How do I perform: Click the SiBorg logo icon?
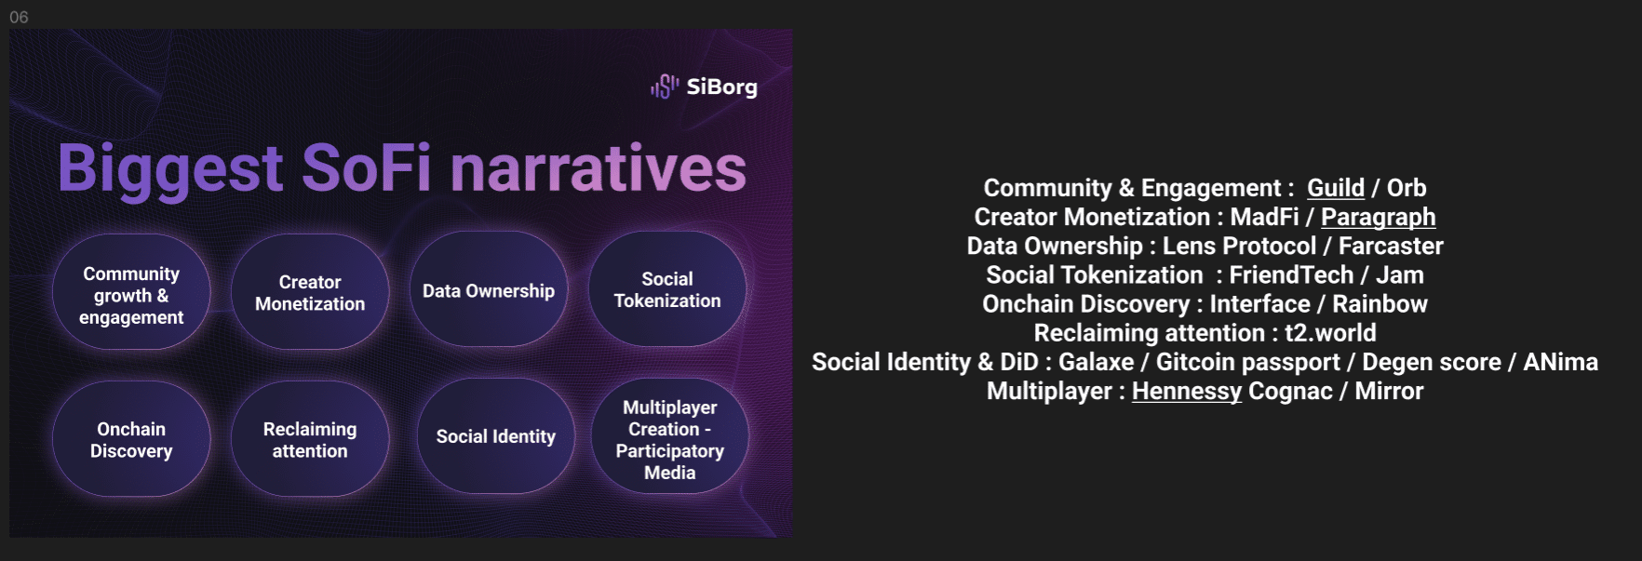tap(665, 87)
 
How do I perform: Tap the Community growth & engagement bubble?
tap(131, 292)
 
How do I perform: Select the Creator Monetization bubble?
tap(310, 292)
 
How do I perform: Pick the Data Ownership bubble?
tap(489, 289)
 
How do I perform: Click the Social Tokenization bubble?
tap(667, 289)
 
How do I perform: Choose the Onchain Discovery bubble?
tap(131, 439)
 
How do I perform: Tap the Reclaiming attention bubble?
tap(310, 439)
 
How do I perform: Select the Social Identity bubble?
tap(496, 436)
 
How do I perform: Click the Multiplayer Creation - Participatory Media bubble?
tap(670, 436)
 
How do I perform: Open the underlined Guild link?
tap(1336, 188)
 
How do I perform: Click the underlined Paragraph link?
tap(1378, 218)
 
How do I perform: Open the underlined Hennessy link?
tap(1187, 392)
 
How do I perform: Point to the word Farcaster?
tap(1391, 246)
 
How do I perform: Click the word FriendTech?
tap(1291, 274)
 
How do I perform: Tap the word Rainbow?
tap(1380, 303)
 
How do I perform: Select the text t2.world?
tap(1330, 332)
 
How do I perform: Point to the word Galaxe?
tap(1096, 361)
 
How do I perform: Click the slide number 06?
tap(19, 17)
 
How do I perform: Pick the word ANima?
tap(1560, 361)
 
